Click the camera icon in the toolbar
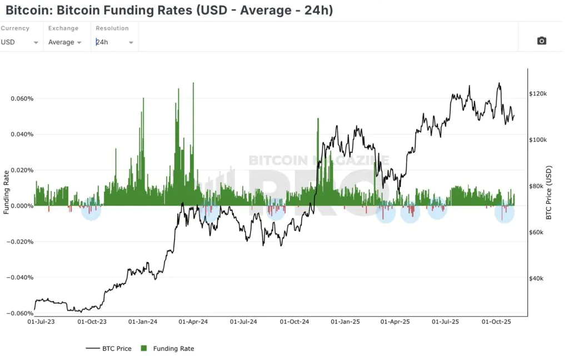pyautogui.click(x=542, y=41)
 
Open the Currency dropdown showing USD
pyautogui.click(x=20, y=42)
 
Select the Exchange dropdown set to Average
pyautogui.click(x=65, y=42)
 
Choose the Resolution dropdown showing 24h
pyautogui.click(x=114, y=42)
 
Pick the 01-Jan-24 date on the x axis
pyautogui.click(x=143, y=322)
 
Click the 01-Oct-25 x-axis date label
pyautogui.click(x=495, y=322)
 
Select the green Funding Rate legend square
pyautogui.click(x=144, y=348)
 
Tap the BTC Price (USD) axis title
pyautogui.click(x=549, y=192)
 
